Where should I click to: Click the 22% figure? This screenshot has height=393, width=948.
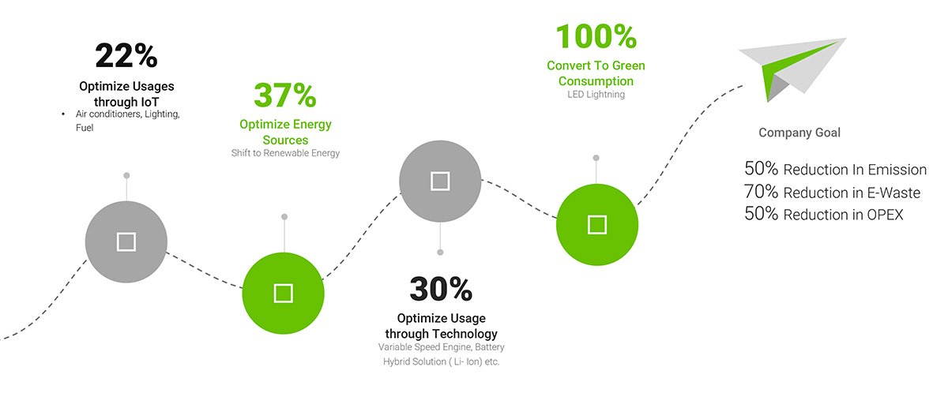pyautogui.click(x=126, y=55)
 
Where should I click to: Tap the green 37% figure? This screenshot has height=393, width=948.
pyautogui.click(x=285, y=95)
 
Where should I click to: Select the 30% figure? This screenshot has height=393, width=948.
pyautogui.click(x=441, y=289)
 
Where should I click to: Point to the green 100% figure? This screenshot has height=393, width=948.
pyautogui.click(x=596, y=36)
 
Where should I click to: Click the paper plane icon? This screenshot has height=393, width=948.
pyautogui.click(x=791, y=68)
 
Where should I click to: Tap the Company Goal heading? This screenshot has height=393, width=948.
pyautogui.click(x=799, y=133)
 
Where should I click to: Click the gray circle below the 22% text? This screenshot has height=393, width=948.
pyautogui.click(x=126, y=241)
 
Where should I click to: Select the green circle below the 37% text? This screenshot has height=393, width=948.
pyautogui.click(x=283, y=293)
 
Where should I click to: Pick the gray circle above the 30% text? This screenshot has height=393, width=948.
pyautogui.click(x=440, y=182)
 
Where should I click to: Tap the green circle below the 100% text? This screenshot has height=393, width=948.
pyautogui.click(x=597, y=224)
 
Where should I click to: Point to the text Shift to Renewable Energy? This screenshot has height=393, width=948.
pyautogui.click(x=285, y=153)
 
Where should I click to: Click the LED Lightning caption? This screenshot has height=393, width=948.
pyautogui.click(x=596, y=94)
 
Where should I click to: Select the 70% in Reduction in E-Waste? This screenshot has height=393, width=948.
pyautogui.click(x=761, y=192)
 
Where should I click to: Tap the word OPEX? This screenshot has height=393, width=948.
pyautogui.click(x=885, y=215)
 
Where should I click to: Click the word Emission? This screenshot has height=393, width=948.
pyautogui.click(x=897, y=170)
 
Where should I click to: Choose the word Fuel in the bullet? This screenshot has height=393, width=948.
pyautogui.click(x=85, y=128)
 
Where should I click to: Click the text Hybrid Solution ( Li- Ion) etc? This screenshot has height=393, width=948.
pyautogui.click(x=441, y=361)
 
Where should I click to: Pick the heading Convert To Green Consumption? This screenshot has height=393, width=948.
pyautogui.click(x=596, y=73)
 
